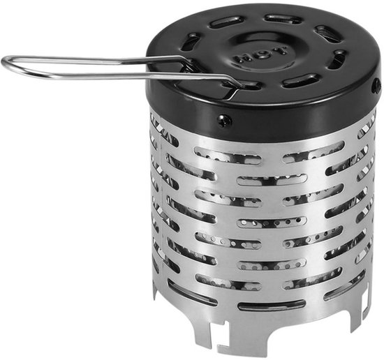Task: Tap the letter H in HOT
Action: click(242, 59)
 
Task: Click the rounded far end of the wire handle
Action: click(6, 63)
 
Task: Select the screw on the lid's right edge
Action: click(376, 86)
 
